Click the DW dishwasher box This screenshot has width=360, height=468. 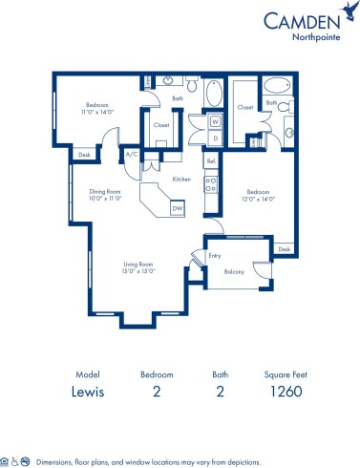pos(177,208)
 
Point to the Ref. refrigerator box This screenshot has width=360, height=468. pos(211,161)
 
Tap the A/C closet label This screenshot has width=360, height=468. pos(131,154)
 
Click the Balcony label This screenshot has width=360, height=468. pos(234,272)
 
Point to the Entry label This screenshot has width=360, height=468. pos(214,255)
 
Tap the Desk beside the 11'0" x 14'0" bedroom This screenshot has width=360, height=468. pos(84,154)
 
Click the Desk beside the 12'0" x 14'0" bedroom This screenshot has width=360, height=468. pos(283,249)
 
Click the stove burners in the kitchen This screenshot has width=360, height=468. pos(210,183)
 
